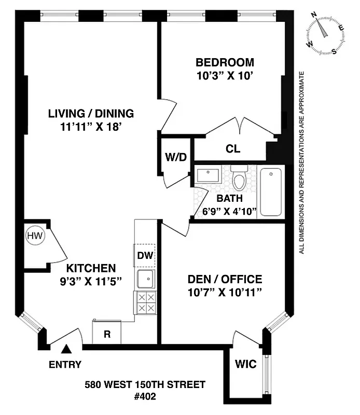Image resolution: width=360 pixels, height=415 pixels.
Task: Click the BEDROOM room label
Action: pyautogui.click(x=225, y=63)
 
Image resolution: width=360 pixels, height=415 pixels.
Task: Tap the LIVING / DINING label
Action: pyautogui.click(x=91, y=114)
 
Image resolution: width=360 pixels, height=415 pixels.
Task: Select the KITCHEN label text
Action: pyautogui.click(x=90, y=268)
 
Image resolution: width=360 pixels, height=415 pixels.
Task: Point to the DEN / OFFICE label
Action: pyautogui.click(x=224, y=279)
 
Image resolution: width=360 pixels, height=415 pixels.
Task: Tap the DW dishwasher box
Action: pyautogui.click(x=145, y=255)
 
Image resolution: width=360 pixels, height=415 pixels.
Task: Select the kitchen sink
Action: pyautogui.click(x=145, y=279)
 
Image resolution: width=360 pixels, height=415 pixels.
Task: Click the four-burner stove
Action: pyautogui.click(x=145, y=302)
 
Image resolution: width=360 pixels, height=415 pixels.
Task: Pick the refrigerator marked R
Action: pyautogui.click(x=107, y=334)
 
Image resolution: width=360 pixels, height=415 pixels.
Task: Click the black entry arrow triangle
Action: pyautogui.click(x=66, y=350)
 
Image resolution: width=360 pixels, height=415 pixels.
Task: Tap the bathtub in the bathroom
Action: pyautogui.click(x=271, y=191)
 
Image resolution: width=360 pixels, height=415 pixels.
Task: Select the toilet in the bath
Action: pyautogui.click(x=239, y=178)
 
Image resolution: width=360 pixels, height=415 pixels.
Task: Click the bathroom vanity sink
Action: pyautogui.click(x=211, y=175)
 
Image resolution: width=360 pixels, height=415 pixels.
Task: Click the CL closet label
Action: pyautogui.click(x=233, y=149)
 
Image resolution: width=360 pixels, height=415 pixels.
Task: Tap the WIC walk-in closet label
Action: pyautogui.click(x=245, y=364)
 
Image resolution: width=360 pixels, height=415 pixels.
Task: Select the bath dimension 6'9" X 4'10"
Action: pyautogui.click(x=230, y=210)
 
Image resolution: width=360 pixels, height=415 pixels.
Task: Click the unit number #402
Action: pyautogui.click(x=145, y=396)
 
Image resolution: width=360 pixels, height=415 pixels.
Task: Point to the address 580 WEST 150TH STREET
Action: pyautogui.click(x=145, y=384)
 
